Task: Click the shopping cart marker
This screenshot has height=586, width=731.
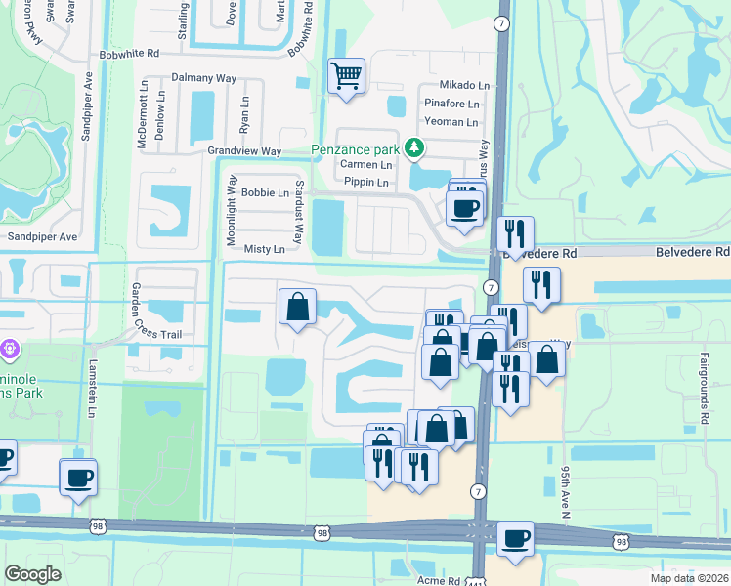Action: pos(347,74)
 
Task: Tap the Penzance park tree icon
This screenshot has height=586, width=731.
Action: pos(415,148)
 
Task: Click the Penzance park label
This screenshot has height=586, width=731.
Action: pos(356,149)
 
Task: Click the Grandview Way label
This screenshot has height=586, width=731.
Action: pos(244,151)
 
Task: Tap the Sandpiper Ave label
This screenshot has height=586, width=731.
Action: pos(42,237)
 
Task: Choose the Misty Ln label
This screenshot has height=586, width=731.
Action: pos(264,249)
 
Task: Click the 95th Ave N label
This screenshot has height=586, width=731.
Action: pos(566,491)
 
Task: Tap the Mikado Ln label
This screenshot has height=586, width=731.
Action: pos(464,86)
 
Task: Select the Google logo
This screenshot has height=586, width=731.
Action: pos(32,573)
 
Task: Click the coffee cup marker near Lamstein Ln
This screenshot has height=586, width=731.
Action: pos(78,478)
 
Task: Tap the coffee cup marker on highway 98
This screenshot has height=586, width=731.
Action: pos(515,538)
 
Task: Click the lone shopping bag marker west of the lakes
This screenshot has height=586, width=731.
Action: pos(298,307)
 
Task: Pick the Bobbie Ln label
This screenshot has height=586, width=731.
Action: pos(266,193)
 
